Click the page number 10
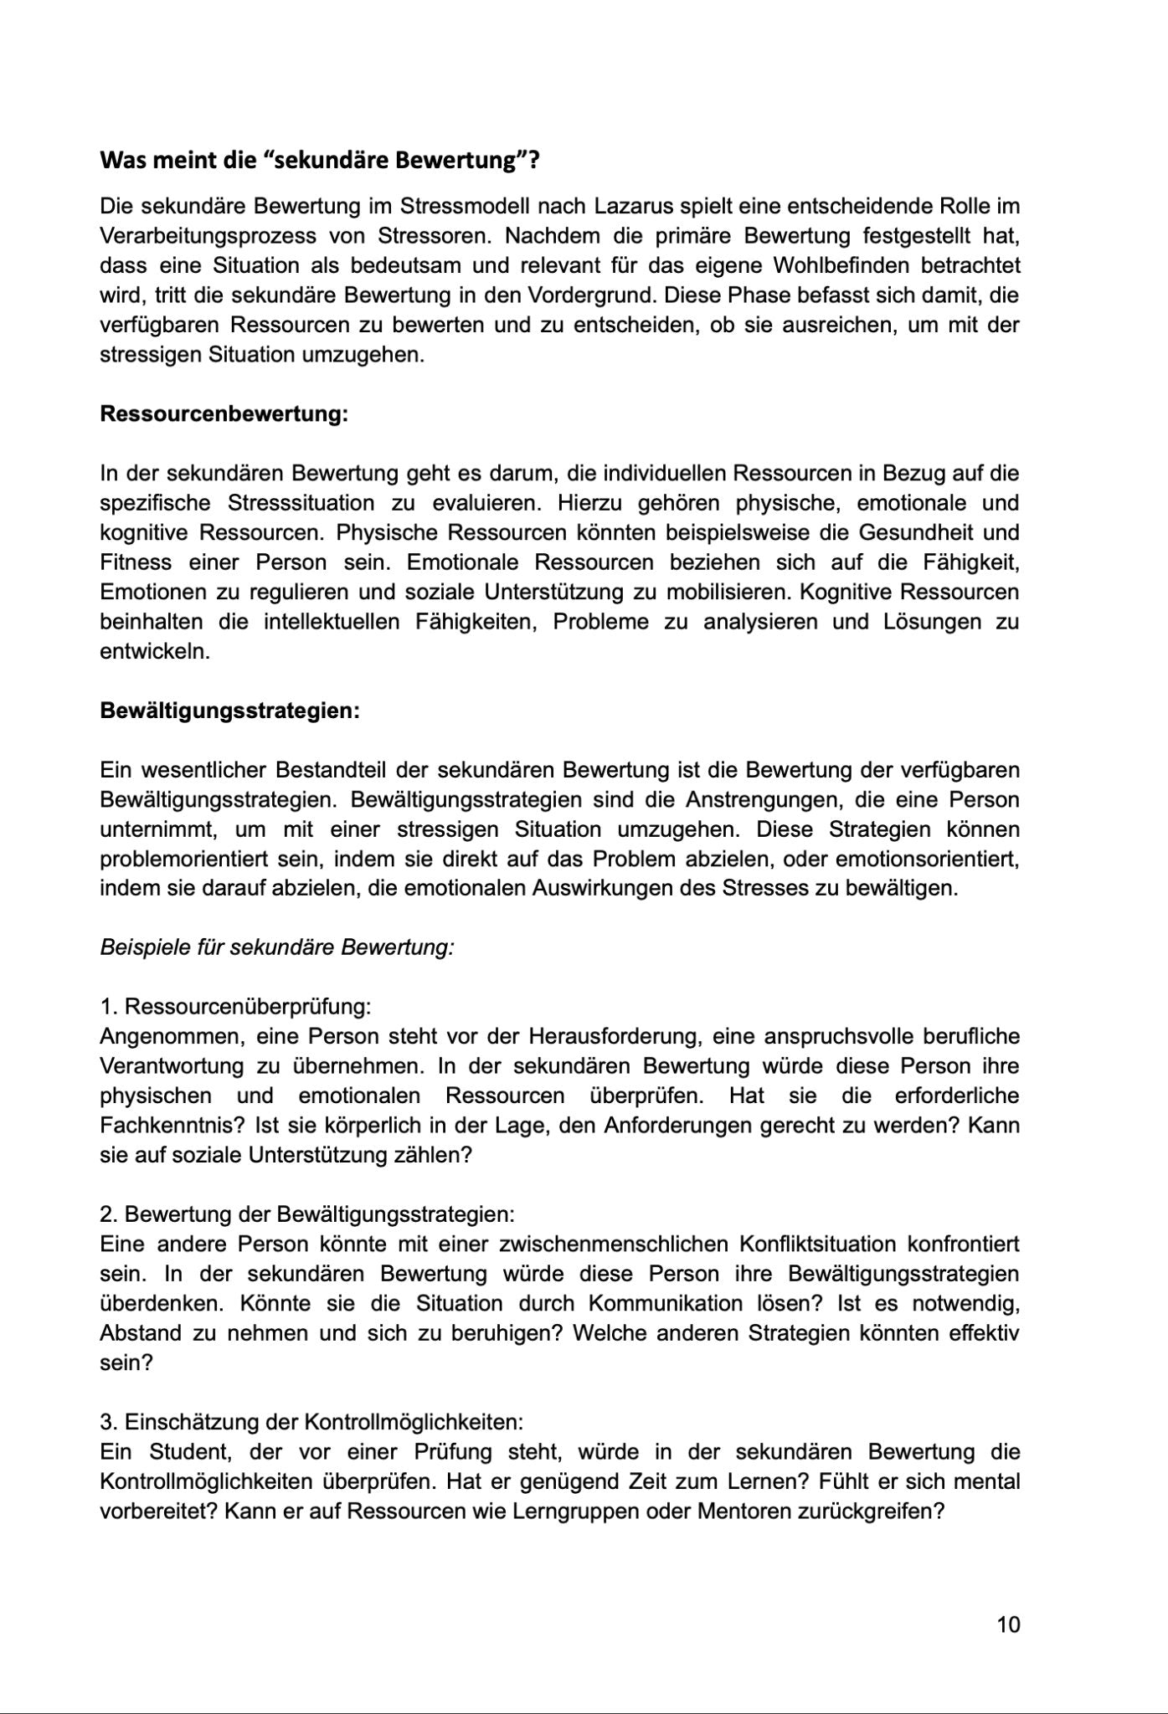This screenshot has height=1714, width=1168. pyautogui.click(x=1009, y=1625)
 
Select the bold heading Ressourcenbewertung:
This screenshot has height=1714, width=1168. pyautogui.click(x=224, y=414)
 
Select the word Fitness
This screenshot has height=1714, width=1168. pyautogui.click(x=136, y=562)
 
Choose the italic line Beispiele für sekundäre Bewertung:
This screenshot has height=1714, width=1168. pyautogui.click(x=277, y=947)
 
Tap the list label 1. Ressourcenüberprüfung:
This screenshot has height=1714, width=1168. pyautogui.click(x=235, y=1007)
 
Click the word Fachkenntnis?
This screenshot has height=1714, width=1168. pyautogui.click(x=172, y=1126)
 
